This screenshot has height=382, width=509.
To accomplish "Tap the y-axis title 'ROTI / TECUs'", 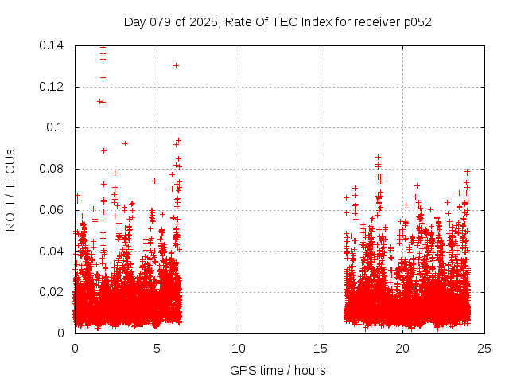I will pos(10,189).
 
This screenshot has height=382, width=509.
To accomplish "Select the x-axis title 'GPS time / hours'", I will pos(278,370).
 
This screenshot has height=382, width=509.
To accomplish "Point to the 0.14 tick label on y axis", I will pos(53,45).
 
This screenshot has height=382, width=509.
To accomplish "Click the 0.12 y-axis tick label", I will pos(53,87).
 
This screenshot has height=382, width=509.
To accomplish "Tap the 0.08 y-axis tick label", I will pos(53,169).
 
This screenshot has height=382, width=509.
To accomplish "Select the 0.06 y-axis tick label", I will pos(53,210).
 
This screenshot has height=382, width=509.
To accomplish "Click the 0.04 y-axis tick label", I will pos(53,251).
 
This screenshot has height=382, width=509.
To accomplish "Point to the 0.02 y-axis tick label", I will pos(53,292).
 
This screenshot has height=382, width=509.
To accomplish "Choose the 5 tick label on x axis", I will pos(157,348).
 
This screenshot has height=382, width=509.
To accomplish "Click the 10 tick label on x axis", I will pos(239,348).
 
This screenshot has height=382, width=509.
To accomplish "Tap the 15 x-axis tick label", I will pos(321,348).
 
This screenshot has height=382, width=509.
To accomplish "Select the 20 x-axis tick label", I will pos(402,348).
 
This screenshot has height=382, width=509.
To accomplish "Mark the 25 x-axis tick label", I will pos(484,348).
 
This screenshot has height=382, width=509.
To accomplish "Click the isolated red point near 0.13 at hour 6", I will pos(176,65).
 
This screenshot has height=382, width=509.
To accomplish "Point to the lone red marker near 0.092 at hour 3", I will pos(125,143).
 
